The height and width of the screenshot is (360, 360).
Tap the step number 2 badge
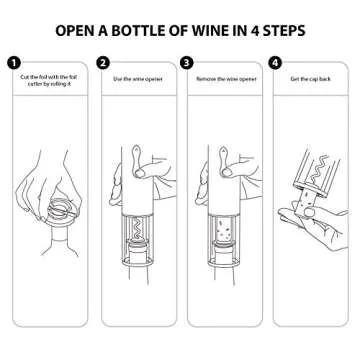click(103, 62)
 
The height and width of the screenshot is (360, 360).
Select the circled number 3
click(187, 62)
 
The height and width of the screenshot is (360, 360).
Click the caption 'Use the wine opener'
click(136, 78)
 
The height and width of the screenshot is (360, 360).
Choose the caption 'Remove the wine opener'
click(222, 78)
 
